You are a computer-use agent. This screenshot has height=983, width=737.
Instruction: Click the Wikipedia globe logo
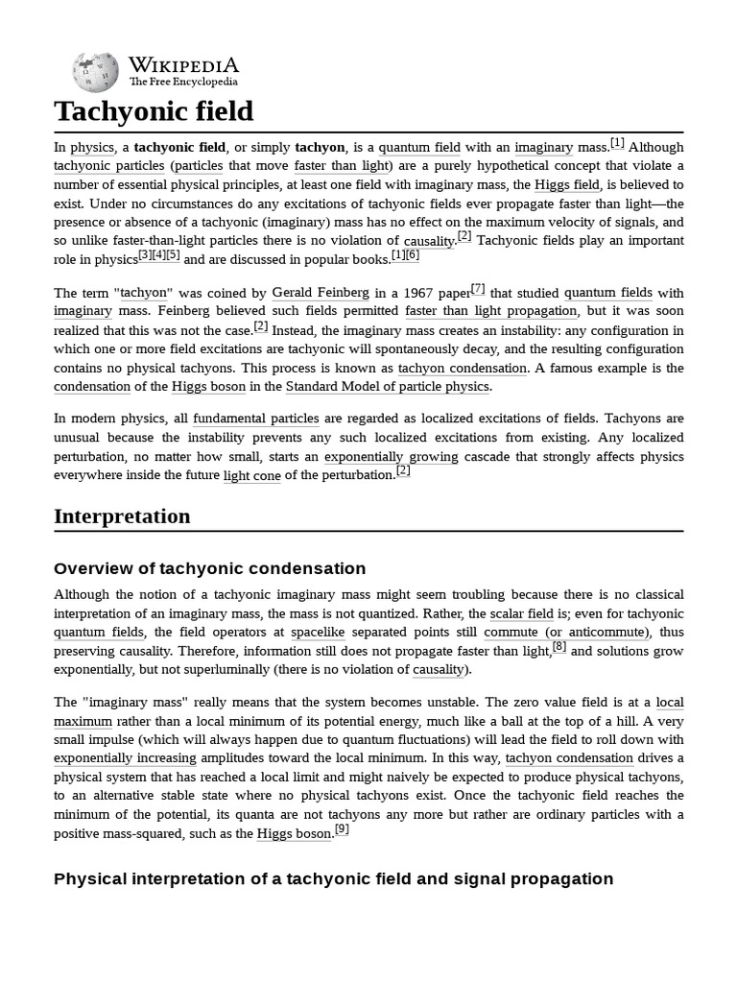pos(95,72)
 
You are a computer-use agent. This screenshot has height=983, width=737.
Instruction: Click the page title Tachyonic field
pos(154,111)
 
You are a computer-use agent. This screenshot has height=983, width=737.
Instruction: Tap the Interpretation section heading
pos(122,516)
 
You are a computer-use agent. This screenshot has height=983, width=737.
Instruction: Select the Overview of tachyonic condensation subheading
pos(209,568)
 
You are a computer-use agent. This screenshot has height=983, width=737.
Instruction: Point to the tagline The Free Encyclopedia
pos(183,83)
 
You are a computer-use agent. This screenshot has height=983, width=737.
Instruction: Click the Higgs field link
pos(568,185)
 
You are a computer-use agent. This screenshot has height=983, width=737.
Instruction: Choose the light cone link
pos(251,475)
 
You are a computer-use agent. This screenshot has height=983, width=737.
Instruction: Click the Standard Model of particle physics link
pos(388,387)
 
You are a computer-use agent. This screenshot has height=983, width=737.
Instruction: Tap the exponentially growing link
pos(391,457)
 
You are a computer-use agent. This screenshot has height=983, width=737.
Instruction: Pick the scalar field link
pos(521,614)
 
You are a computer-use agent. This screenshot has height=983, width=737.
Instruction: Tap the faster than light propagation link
pos(491,311)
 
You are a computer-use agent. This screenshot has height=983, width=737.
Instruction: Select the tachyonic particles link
pos(108,166)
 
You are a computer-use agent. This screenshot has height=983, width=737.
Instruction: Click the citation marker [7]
pos(478,288)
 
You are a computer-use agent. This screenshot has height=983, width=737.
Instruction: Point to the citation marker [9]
pos(342,829)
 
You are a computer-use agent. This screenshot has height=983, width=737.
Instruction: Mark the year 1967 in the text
pos(420,293)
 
